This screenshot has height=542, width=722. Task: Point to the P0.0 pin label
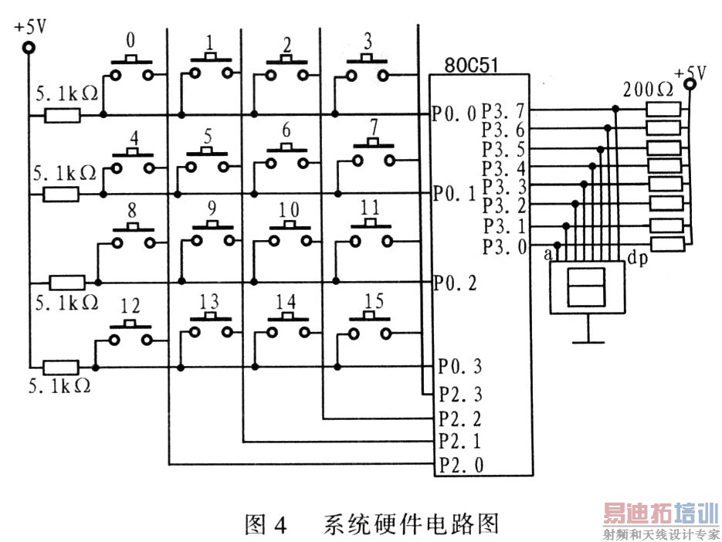click(455, 116)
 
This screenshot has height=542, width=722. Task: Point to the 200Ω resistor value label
click(648, 88)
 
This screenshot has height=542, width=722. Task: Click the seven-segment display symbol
click(586, 287)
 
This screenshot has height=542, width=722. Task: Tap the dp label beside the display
click(637, 259)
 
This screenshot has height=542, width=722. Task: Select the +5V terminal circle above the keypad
click(29, 48)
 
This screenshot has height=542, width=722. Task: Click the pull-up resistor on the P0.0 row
click(63, 116)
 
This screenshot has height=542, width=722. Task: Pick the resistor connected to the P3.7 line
click(663, 109)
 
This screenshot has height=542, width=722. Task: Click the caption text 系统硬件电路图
click(410, 524)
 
